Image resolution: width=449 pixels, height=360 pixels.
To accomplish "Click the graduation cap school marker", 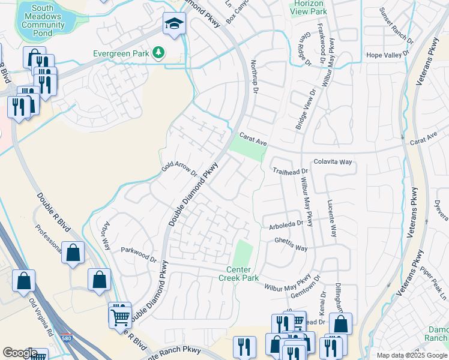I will pyautogui.click(x=175, y=24).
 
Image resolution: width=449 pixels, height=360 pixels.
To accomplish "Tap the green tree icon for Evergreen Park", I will pyautogui.click(x=158, y=53).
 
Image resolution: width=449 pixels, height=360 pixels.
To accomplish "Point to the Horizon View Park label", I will pyautogui.click(x=308, y=7).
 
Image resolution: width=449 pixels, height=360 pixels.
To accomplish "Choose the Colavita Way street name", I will pyautogui.click(x=333, y=162).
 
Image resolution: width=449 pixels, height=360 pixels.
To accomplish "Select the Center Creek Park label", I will pyautogui.click(x=243, y=274).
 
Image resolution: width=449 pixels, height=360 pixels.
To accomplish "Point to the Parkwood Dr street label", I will pyautogui.click(x=138, y=254).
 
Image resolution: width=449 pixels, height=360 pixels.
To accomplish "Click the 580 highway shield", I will pyautogui.click(x=66, y=340).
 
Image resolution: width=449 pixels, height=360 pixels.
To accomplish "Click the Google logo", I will pyautogui.click(x=20, y=353).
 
